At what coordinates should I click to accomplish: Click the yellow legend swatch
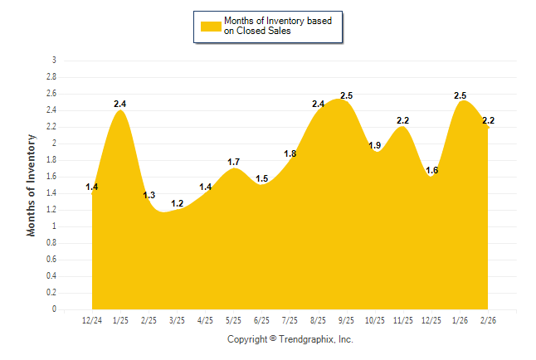pos(212,26)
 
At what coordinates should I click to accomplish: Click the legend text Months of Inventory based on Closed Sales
pos(278,26)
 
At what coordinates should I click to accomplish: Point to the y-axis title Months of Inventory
pos(32,185)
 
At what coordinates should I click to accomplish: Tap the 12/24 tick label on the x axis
pos(92,319)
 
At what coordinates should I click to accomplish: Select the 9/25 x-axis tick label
pos(347,319)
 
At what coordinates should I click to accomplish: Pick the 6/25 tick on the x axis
pos(261,319)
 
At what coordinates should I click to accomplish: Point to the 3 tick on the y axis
pos(54,61)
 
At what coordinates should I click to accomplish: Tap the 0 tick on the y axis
pos(54,309)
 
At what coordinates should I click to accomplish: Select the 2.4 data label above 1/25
pos(120,104)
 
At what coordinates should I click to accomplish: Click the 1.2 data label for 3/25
pos(177,203)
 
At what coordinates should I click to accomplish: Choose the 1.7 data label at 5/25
pos(234,162)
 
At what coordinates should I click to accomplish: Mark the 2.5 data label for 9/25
pos(347,96)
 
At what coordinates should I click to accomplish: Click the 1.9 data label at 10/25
pos(375,145)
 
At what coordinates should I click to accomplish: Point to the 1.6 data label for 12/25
pos(431,170)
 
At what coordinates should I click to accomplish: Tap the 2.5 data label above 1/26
pos(460,96)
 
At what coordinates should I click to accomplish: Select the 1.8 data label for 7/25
pos(290,153)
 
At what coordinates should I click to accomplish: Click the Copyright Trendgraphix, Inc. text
pos(290,339)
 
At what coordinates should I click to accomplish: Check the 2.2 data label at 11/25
pos(403,120)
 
